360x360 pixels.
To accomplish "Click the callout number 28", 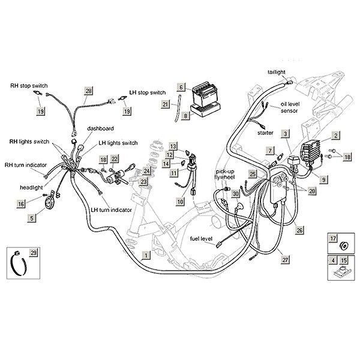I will click(89, 91).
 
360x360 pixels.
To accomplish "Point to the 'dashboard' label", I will click(100, 128).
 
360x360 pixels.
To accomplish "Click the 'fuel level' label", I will click(202, 239).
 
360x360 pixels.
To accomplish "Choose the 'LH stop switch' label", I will click(148, 93).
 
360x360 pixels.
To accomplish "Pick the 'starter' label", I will click(266, 131).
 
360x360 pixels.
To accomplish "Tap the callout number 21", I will click(166, 104).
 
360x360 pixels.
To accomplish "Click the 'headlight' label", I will click(31, 187).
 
